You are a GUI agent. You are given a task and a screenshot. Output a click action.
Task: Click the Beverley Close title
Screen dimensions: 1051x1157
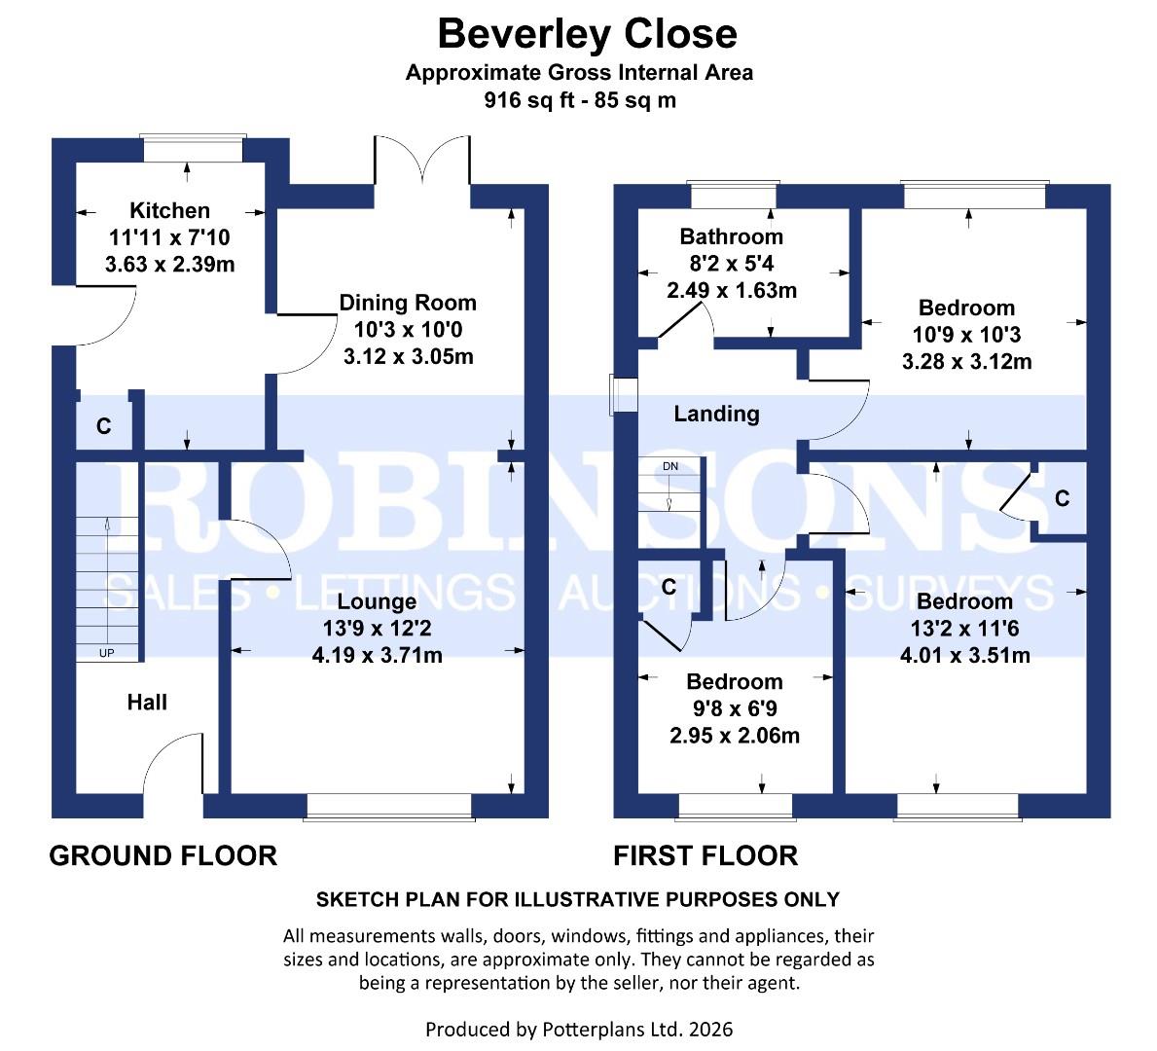coord(587,34)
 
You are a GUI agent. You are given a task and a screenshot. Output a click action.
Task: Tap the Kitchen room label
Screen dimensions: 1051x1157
coord(169,210)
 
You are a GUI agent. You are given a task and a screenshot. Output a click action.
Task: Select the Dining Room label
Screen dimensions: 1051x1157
coord(408,303)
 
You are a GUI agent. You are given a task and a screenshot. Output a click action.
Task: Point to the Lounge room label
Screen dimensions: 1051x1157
coord(377,602)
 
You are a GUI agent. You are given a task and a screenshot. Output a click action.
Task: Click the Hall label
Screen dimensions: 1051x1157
coord(147,702)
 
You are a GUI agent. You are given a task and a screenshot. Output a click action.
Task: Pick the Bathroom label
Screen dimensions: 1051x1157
coord(731,236)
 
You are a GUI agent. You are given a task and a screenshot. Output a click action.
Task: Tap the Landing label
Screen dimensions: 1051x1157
coord(716,414)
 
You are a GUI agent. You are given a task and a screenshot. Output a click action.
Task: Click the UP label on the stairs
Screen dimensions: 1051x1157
coord(106,653)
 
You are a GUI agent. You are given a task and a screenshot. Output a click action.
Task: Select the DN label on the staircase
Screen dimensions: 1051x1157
coord(670,467)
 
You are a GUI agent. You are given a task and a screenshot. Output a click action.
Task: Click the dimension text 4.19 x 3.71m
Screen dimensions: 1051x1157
coord(377,655)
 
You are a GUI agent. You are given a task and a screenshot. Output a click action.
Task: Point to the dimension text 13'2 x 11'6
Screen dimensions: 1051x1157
coord(964,629)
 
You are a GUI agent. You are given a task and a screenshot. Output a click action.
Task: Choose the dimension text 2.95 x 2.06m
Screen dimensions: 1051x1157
coord(735,736)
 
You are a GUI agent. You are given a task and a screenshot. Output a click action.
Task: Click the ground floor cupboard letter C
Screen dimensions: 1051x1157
coord(103,426)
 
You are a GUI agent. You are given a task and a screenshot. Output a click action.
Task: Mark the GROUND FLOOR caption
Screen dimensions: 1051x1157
coord(163,855)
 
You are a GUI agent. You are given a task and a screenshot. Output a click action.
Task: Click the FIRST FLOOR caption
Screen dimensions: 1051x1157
coord(705,855)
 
